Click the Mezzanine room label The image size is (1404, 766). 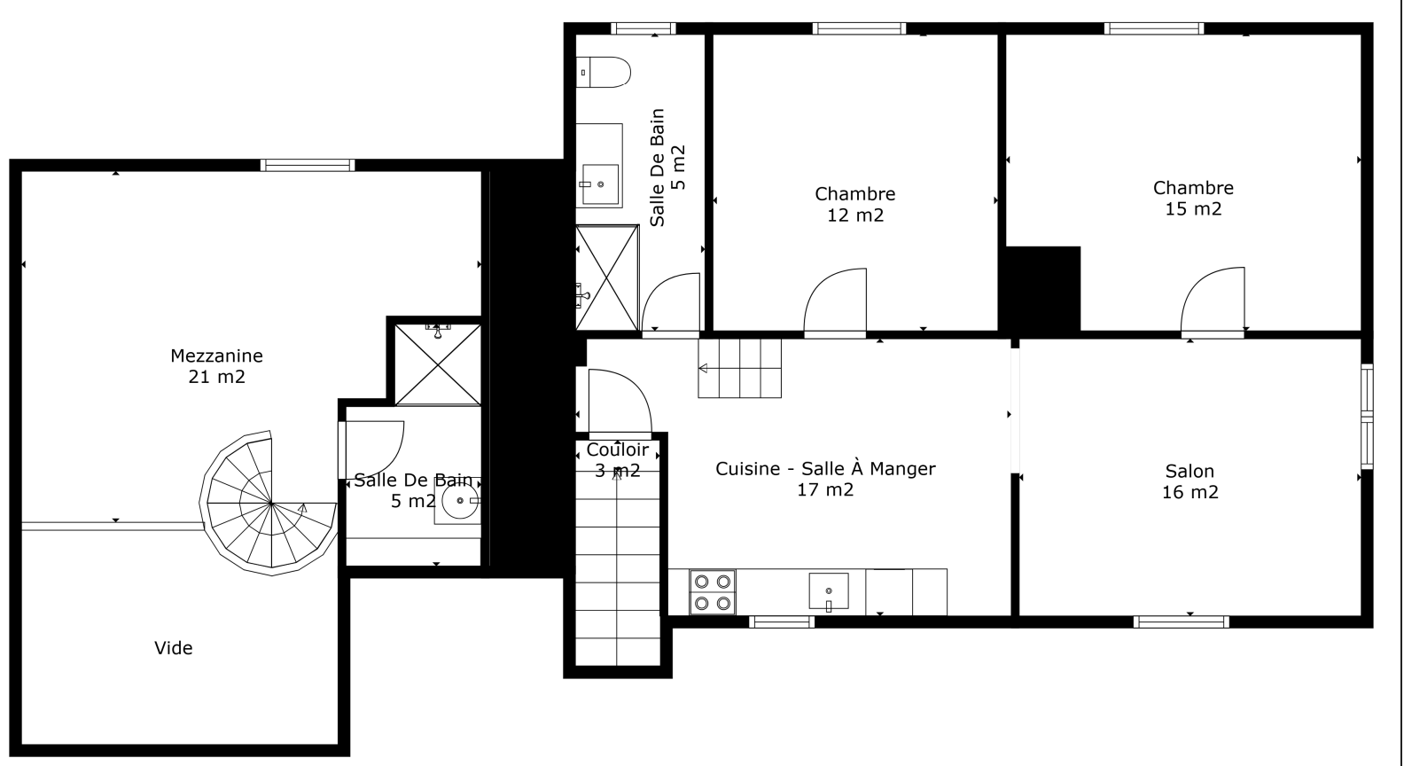tap(216, 366)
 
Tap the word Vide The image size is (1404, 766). tap(174, 648)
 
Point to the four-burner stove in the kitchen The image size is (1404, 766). tap(713, 592)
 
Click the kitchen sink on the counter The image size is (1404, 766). tap(829, 590)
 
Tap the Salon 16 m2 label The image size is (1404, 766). tap(1189, 481)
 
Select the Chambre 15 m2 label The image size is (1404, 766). tap(1193, 198)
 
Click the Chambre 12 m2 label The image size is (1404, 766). tap(854, 204)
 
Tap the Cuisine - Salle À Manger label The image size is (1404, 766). tap(825, 479)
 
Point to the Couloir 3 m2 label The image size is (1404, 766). tap(617, 460)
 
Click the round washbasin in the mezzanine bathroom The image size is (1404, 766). tap(460, 502)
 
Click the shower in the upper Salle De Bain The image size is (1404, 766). tap(607, 277)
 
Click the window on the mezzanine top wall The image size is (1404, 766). tap(308, 165)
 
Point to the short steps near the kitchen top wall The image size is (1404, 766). tap(740, 368)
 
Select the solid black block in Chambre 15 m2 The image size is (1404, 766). tap(1042, 288)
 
